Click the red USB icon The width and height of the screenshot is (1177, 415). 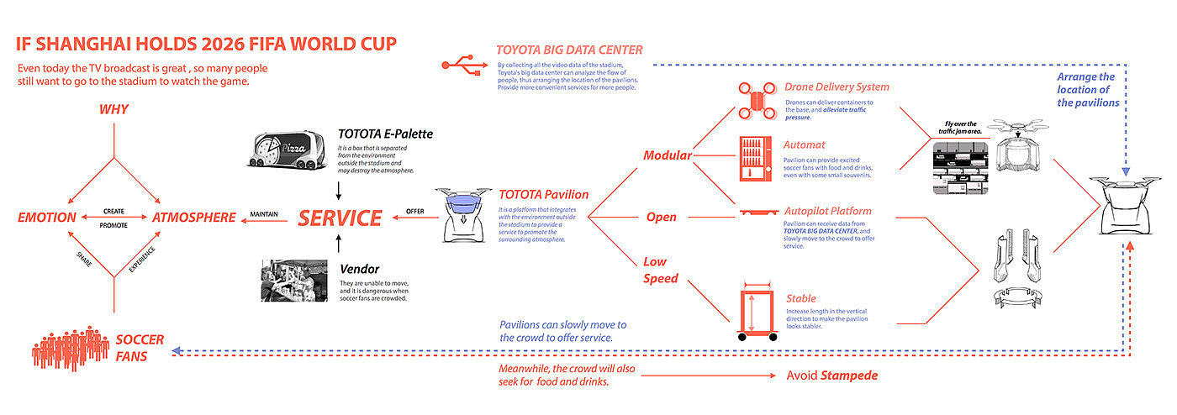[x=461, y=64]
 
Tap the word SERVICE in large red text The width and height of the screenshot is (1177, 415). [x=340, y=218]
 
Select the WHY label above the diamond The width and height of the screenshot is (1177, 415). [x=113, y=109]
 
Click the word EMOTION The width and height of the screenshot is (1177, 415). [x=47, y=218]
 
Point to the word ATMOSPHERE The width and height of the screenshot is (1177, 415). [x=194, y=218]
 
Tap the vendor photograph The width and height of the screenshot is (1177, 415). [x=293, y=281]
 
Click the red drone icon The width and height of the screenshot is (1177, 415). [x=757, y=98]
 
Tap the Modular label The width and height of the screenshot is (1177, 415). [x=667, y=155]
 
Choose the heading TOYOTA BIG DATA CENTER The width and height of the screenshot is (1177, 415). [x=569, y=50]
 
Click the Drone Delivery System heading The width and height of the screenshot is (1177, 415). [x=836, y=87]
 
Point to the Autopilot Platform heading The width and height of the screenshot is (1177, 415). [x=827, y=211]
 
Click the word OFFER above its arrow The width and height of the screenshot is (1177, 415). [x=415, y=211]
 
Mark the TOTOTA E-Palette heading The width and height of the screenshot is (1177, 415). [x=386, y=133]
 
